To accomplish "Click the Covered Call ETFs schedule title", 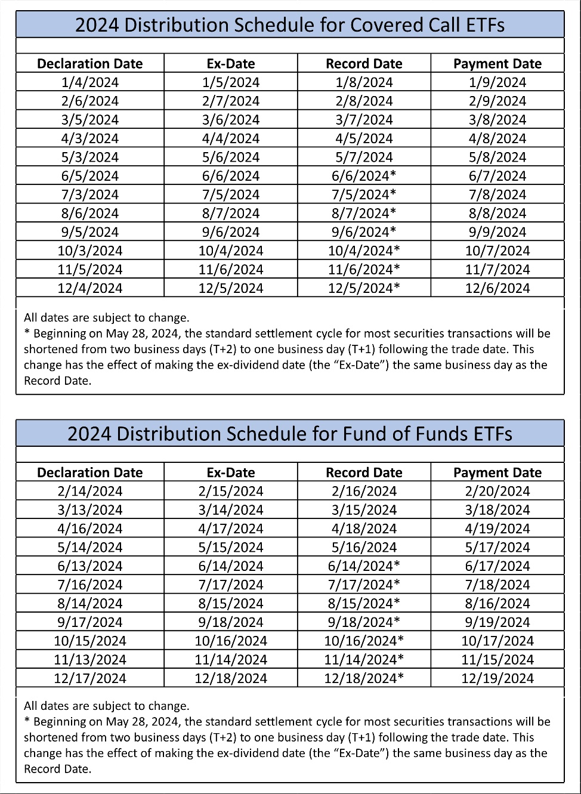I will click(x=290, y=25).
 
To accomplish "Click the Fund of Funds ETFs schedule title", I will click(x=290, y=434).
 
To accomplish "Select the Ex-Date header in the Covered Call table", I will click(x=231, y=64).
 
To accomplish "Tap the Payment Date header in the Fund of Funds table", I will click(x=497, y=472).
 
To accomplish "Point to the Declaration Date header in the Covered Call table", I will click(x=90, y=64).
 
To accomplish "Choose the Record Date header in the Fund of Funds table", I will click(x=364, y=472).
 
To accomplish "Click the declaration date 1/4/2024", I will click(x=90, y=82).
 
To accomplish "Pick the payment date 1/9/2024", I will click(x=497, y=82).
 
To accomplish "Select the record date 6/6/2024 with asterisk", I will click(x=364, y=176).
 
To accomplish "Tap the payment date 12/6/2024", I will click(x=497, y=288).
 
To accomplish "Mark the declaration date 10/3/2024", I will click(x=90, y=251).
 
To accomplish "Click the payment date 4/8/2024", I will click(x=497, y=138).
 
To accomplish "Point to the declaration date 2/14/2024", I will click(x=90, y=492).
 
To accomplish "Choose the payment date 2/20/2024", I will click(x=497, y=492).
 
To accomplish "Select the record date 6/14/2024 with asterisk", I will click(x=364, y=566).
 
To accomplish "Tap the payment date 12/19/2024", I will click(x=497, y=678).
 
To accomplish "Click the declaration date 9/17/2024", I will click(x=90, y=622).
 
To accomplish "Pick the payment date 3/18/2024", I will click(x=497, y=510).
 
